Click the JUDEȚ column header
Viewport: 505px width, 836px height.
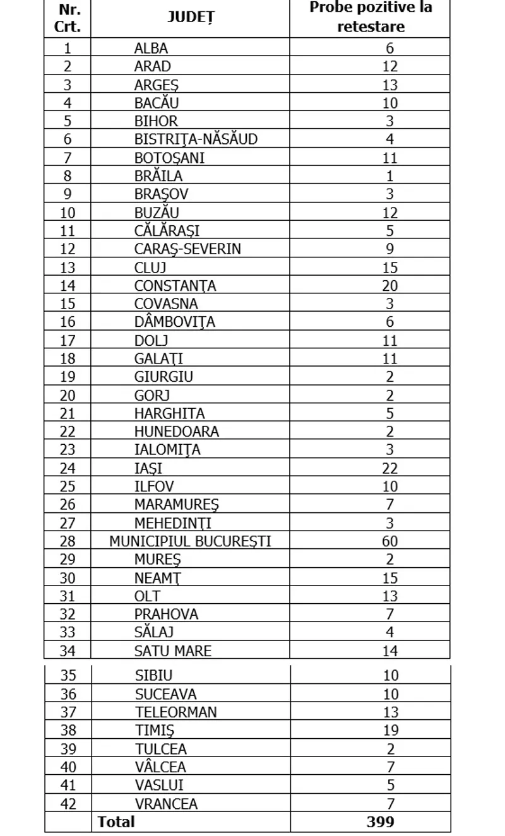pyautogui.click(x=190, y=18)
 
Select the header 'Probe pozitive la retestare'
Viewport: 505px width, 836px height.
pyautogui.click(x=371, y=18)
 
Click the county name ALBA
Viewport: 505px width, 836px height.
pyautogui.click(x=151, y=48)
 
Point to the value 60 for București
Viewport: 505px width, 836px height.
pyautogui.click(x=389, y=541)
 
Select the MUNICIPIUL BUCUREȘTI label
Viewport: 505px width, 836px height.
pyautogui.click(x=190, y=541)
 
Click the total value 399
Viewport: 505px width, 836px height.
pyautogui.click(x=380, y=821)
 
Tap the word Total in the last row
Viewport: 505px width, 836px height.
pyautogui.click(x=116, y=821)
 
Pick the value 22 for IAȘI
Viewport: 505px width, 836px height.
pyautogui.click(x=389, y=468)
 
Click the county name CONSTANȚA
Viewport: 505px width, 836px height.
pyautogui.click(x=175, y=286)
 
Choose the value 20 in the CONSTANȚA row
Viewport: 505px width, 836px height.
pyautogui.click(x=389, y=286)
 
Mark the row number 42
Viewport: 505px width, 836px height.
pyautogui.click(x=68, y=804)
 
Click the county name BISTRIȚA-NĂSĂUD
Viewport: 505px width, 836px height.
pyautogui.click(x=196, y=139)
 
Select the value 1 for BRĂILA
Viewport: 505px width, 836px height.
pyautogui.click(x=389, y=176)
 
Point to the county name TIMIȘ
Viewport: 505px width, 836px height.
pyautogui.click(x=155, y=731)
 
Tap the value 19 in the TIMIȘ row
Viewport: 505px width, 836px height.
pyautogui.click(x=391, y=731)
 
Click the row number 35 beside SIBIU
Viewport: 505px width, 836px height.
pyautogui.click(x=68, y=676)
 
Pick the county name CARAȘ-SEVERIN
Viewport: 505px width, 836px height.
pyautogui.click(x=187, y=249)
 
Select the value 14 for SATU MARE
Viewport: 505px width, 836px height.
pyautogui.click(x=389, y=651)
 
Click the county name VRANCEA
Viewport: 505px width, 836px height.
pyautogui.click(x=166, y=804)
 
